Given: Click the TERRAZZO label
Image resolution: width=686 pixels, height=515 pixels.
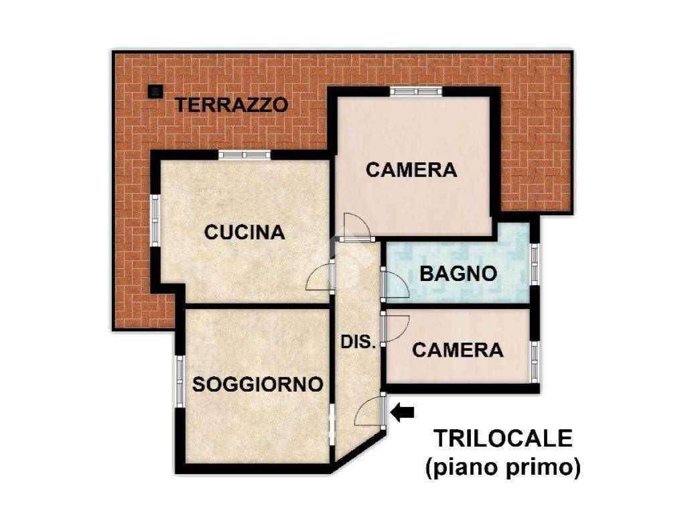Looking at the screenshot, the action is click(231, 105).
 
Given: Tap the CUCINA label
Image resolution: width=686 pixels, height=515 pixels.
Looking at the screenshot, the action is click(245, 232).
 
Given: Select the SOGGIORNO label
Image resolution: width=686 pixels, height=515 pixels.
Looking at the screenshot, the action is click(258, 384).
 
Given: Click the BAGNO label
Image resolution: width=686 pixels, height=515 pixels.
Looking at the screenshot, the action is click(458, 274).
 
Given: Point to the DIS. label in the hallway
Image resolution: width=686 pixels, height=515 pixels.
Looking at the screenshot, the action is click(358, 342).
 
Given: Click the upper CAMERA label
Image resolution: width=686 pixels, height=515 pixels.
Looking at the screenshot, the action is click(411, 170).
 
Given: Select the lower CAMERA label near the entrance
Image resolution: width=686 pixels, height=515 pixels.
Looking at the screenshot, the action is click(458, 350).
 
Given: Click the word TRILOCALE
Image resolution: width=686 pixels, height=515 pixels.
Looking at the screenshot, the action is click(502, 439).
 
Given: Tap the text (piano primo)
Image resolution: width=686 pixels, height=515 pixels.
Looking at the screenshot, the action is click(503, 467).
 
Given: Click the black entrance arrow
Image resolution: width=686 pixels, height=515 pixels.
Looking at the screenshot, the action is click(402, 412).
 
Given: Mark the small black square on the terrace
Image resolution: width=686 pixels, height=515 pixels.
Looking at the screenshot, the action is click(155, 91).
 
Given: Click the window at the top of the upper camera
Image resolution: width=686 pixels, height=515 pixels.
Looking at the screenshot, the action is click(416, 91).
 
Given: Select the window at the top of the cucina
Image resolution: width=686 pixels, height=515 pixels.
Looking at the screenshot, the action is click(245, 155).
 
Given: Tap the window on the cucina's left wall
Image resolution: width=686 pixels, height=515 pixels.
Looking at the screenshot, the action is click(155, 220).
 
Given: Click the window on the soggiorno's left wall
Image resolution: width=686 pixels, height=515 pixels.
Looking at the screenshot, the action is click(180, 381).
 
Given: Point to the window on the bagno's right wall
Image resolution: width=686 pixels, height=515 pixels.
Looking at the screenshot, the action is click(534, 264).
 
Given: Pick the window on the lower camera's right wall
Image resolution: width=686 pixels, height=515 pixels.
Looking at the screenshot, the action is click(534, 361).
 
